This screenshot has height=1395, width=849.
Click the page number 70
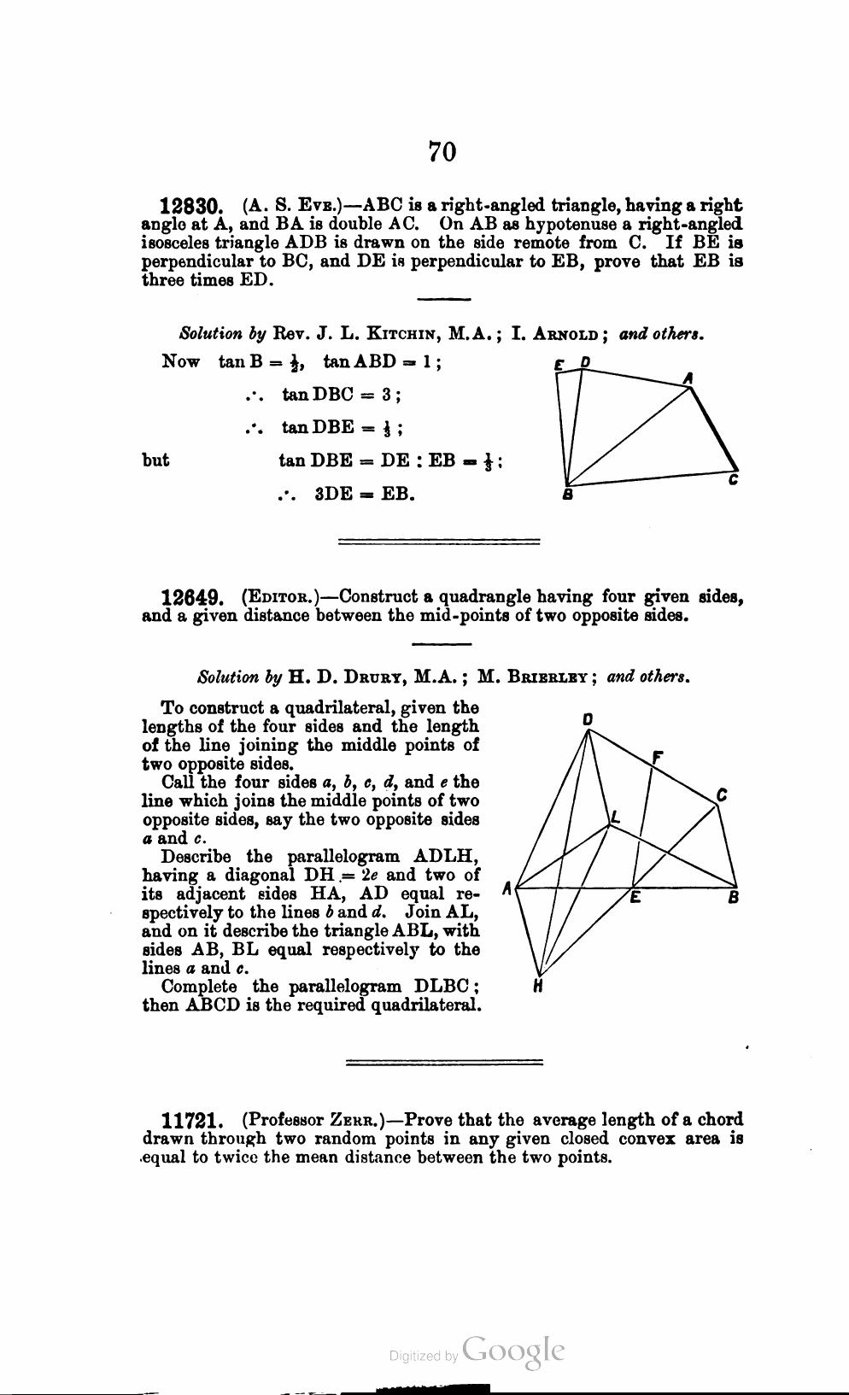point(442,151)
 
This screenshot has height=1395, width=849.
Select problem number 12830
point(192,206)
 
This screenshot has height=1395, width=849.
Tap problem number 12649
point(192,596)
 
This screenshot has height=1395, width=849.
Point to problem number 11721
point(193,1120)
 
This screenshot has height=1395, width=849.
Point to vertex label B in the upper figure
point(565,495)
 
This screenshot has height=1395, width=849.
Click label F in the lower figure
point(657,758)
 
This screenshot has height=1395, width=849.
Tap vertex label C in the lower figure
point(722,794)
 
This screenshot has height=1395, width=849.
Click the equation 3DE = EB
point(365,494)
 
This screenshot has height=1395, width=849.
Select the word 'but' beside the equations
point(155,460)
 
